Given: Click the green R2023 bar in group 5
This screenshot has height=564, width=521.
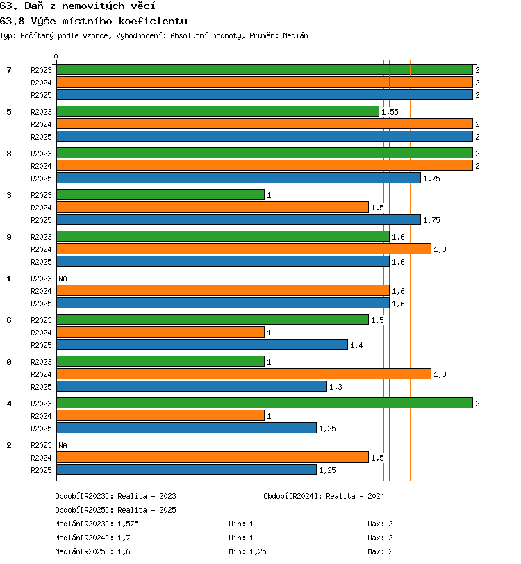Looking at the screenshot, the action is (x=217, y=111).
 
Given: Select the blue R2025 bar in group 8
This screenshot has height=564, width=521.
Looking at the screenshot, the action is (x=238, y=178).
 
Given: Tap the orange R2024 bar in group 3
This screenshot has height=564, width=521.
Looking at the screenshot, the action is (x=213, y=207).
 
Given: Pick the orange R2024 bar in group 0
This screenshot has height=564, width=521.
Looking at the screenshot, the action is (x=244, y=374).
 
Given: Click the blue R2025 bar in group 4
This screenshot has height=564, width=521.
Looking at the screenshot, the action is (x=186, y=428).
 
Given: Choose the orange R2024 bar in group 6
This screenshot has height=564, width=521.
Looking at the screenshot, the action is (x=160, y=332).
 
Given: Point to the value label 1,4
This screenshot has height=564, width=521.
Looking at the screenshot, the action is (x=356, y=345).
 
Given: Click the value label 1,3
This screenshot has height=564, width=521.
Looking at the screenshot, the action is (x=336, y=387).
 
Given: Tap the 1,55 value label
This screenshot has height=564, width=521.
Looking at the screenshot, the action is (x=390, y=112).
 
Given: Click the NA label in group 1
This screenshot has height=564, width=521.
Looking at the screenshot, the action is (x=63, y=279).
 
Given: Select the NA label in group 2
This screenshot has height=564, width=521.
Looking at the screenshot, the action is (x=63, y=445).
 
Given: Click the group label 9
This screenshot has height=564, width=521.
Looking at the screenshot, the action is (x=9, y=237).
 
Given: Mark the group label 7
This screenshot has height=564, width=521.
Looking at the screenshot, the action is (x=9, y=69).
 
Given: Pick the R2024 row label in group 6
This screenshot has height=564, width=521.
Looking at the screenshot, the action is (x=41, y=333).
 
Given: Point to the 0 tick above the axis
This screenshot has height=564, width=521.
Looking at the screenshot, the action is (x=56, y=56).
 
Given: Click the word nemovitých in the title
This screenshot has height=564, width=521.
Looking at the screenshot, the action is (x=94, y=6).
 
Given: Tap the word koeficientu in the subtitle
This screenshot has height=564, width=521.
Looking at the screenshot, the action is (x=153, y=21).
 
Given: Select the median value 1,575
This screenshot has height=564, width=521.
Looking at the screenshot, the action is (x=128, y=524).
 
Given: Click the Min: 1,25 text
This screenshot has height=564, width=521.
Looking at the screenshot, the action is (x=247, y=551).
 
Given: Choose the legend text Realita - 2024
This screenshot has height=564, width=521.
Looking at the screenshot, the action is (x=355, y=496).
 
